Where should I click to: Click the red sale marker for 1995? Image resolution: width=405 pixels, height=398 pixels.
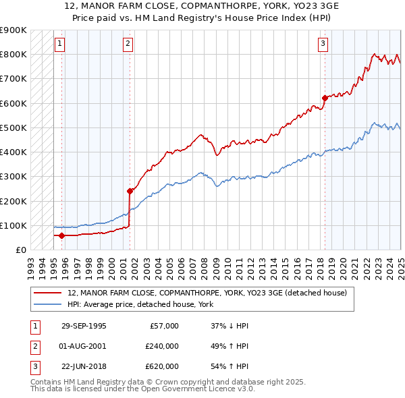click(62, 235)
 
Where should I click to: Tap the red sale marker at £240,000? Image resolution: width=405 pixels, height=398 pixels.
click(130, 191)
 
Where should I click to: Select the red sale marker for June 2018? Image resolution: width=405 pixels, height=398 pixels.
click(325, 98)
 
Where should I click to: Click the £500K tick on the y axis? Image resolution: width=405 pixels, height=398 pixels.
click(13, 127)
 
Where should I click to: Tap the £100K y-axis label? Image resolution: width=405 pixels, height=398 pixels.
click(13, 225)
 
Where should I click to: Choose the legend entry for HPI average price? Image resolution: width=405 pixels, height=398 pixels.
click(140, 305)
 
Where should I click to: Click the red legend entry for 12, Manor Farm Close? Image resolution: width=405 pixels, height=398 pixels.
click(207, 293)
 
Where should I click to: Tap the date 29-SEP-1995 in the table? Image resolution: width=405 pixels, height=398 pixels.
click(84, 326)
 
